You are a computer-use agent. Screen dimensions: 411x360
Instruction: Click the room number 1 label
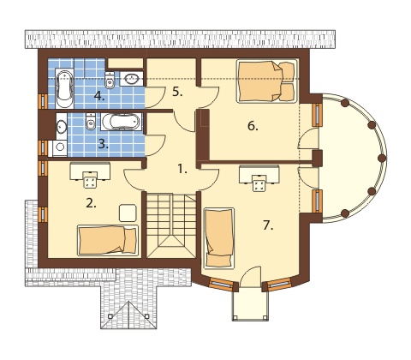tap(182, 170)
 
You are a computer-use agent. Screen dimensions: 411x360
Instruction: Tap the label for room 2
tap(91, 203)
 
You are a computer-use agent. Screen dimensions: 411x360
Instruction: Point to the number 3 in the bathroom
tap(104, 145)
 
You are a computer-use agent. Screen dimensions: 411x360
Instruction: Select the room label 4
tap(99, 96)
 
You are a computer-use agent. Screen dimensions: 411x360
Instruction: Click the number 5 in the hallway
tap(177, 92)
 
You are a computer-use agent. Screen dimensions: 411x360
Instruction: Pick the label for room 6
tap(253, 126)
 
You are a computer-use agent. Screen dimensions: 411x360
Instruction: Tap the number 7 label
tap(268, 225)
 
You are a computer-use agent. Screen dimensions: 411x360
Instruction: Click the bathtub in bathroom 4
tap(64, 88)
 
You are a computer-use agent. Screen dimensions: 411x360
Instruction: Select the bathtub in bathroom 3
tap(122, 122)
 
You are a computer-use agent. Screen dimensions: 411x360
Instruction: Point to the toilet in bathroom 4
tap(110, 80)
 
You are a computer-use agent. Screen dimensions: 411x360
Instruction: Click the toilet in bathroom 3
tap(91, 122)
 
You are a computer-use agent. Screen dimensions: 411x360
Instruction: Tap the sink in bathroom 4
tap(131, 79)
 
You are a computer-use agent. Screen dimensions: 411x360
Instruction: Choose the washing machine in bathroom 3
tap(60, 148)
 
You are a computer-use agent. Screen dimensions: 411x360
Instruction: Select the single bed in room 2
tap(108, 240)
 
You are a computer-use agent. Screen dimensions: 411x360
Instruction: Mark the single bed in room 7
tap(219, 238)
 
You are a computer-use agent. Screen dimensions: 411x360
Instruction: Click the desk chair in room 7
tap(259, 183)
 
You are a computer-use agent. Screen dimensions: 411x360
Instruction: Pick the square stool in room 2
tap(128, 213)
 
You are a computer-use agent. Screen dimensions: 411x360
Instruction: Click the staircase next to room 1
tap(171, 225)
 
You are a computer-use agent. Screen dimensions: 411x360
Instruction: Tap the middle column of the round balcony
tap(382, 158)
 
